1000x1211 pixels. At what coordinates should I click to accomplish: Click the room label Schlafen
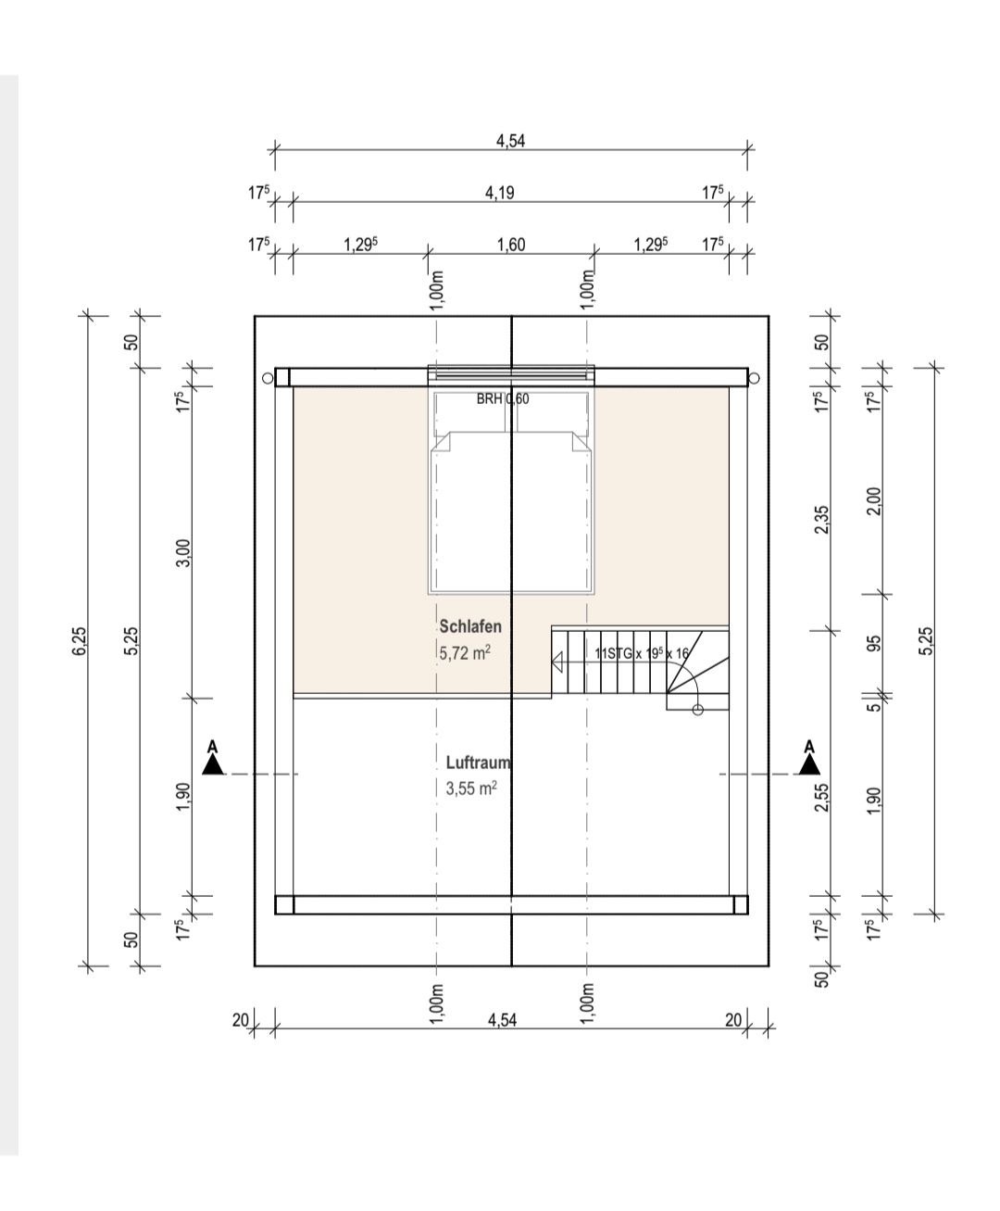pos(470,626)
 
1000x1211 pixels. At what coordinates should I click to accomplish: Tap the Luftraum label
pos(479,763)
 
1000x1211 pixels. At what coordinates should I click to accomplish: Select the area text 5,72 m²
pos(465,653)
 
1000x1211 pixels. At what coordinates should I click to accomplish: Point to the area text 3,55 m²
pos(471,788)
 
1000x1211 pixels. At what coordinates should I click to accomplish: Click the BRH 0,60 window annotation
pos(503,399)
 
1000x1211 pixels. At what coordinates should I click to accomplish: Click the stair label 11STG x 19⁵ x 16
pos(642,653)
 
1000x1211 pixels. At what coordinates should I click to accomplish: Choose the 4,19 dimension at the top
pos(500,193)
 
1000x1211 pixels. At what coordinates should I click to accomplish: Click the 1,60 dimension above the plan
pos(511,245)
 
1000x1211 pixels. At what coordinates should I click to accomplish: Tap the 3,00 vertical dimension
pos(182,553)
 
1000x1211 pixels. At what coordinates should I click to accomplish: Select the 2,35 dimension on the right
pos(821,520)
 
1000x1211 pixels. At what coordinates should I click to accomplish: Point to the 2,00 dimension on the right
pos(874,501)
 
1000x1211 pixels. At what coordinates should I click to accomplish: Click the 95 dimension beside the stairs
pos(874,643)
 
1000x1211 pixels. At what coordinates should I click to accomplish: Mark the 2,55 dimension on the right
pos(821,798)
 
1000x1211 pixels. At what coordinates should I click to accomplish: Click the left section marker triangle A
pos(213,765)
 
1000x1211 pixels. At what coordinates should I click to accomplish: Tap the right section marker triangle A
pos(809,765)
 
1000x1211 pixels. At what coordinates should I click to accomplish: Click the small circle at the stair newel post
pos(698,710)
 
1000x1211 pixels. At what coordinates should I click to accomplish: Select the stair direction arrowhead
pos(557,662)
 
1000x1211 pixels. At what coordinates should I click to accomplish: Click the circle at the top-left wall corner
pos(268,378)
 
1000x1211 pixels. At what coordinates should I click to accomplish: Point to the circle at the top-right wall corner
pos(755,378)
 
